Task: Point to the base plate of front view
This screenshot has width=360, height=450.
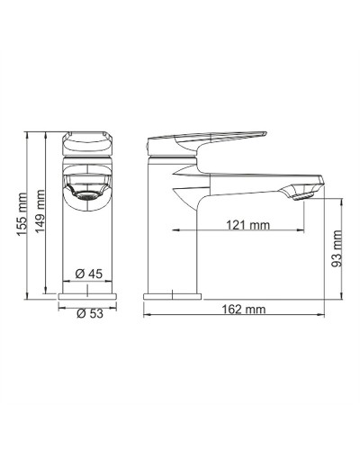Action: click(88, 294)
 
